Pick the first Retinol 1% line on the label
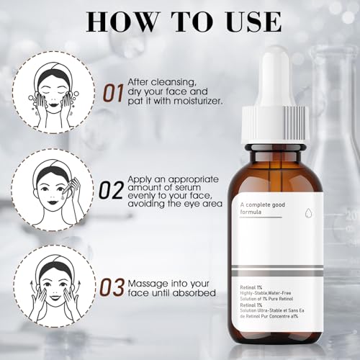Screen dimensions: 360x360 coord(251,287)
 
